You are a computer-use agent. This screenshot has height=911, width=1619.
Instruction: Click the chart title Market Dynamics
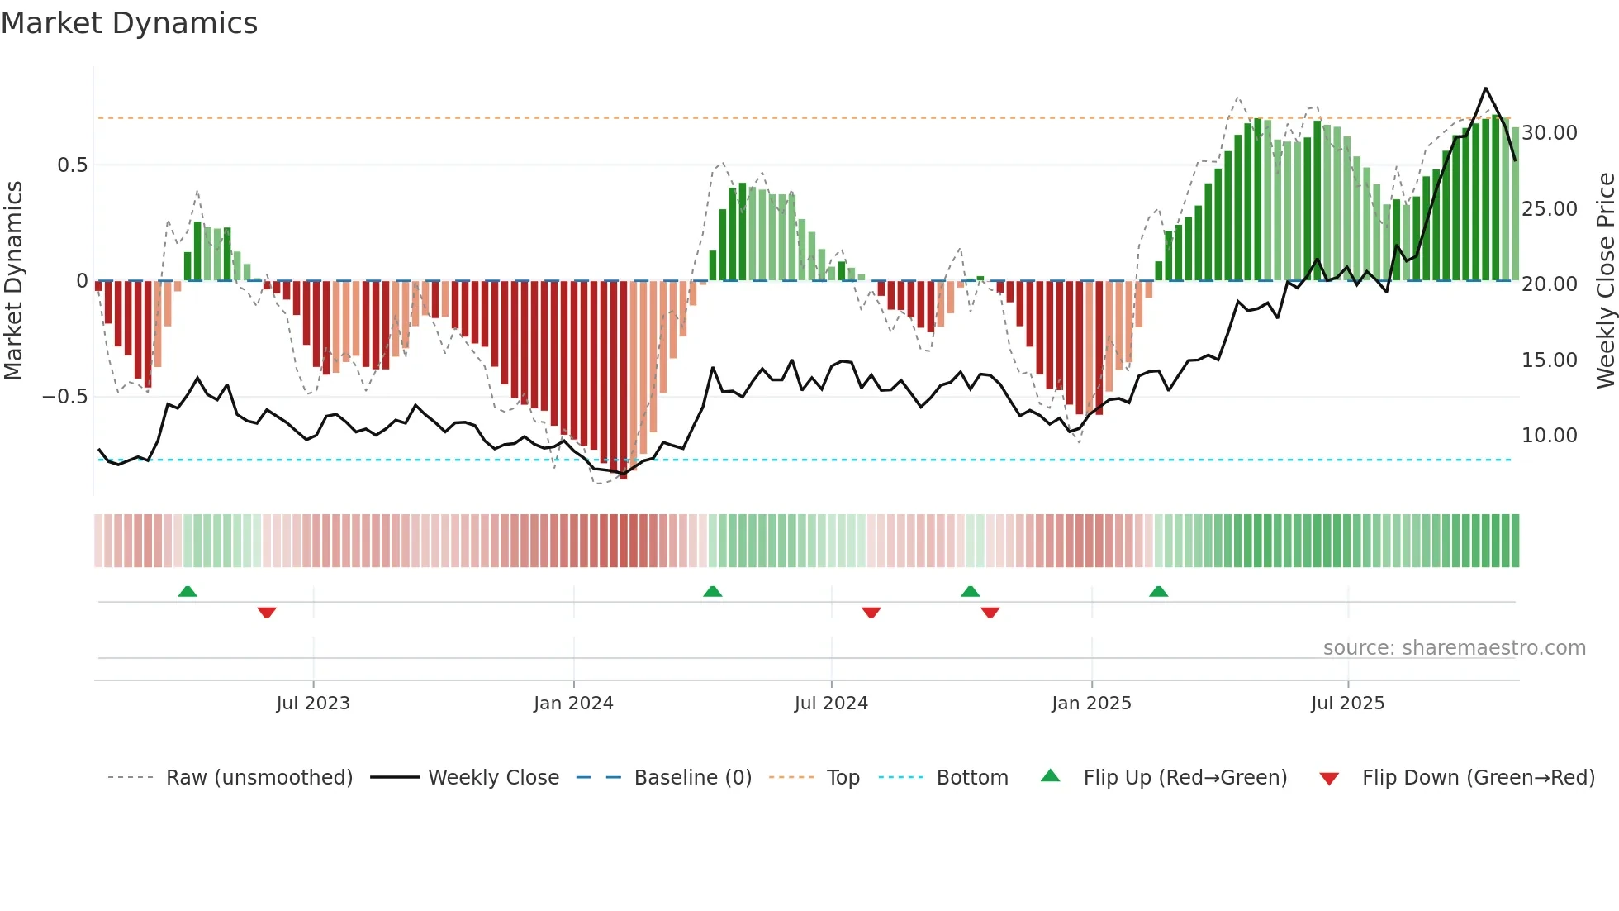click(x=129, y=23)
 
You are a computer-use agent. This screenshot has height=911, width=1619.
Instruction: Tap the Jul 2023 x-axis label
click(x=313, y=703)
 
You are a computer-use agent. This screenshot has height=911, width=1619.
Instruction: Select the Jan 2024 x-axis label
click(x=573, y=703)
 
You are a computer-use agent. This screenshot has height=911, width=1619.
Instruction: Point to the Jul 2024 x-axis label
click(x=831, y=703)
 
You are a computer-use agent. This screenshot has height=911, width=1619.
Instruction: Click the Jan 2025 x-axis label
click(x=1091, y=703)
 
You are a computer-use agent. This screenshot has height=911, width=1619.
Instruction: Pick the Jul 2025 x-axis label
click(x=1347, y=703)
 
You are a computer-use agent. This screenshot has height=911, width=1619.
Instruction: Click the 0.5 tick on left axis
click(x=72, y=165)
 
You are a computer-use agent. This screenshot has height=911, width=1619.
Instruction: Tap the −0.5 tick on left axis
click(x=65, y=397)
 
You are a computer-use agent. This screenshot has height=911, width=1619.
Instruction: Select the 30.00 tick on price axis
click(x=1550, y=132)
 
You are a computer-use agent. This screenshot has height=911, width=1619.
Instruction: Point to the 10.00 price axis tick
click(x=1550, y=435)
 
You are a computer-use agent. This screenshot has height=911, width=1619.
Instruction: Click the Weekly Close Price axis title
click(x=1605, y=281)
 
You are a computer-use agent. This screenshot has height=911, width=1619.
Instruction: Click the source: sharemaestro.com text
click(x=1454, y=647)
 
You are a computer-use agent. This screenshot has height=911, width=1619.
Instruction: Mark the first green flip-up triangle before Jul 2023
click(x=188, y=591)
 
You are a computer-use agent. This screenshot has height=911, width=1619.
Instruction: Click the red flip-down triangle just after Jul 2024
click(x=871, y=613)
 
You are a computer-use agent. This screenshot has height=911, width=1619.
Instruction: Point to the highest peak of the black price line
click(x=1485, y=88)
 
